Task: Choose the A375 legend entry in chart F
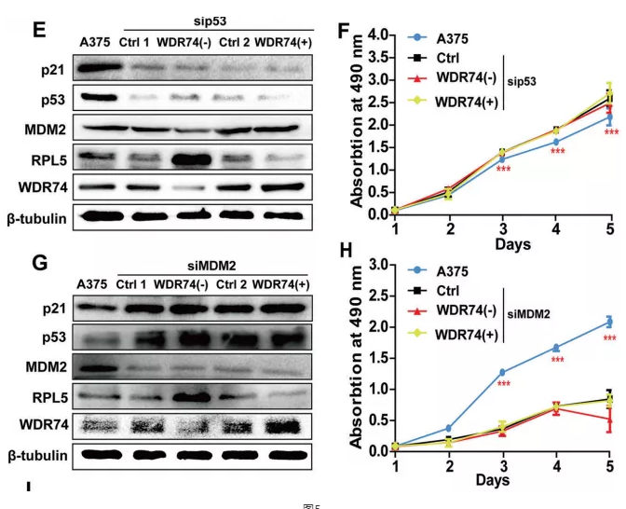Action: pos(453,38)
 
